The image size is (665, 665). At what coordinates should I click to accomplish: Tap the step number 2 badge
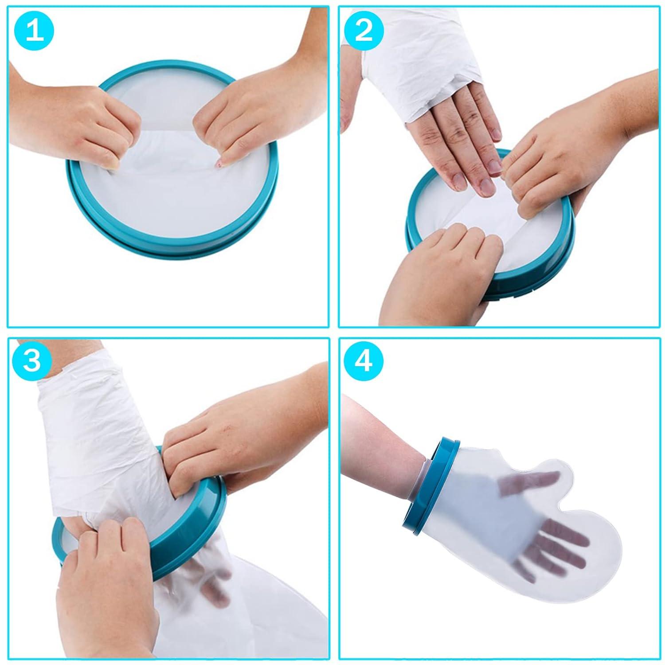point(364,32)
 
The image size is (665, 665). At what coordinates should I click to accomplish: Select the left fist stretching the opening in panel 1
point(102,129)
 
